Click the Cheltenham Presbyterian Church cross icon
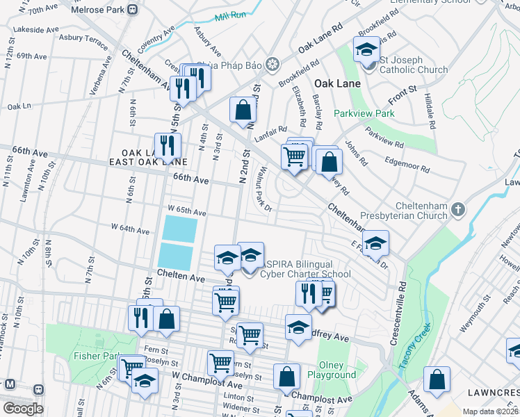coord(457,209)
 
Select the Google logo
coord(23,409)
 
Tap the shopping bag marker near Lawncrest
coord(437,380)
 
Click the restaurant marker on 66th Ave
coord(168,145)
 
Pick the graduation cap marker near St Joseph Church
coord(366,50)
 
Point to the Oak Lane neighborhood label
coord(337,83)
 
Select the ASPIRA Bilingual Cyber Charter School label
coord(305,269)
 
